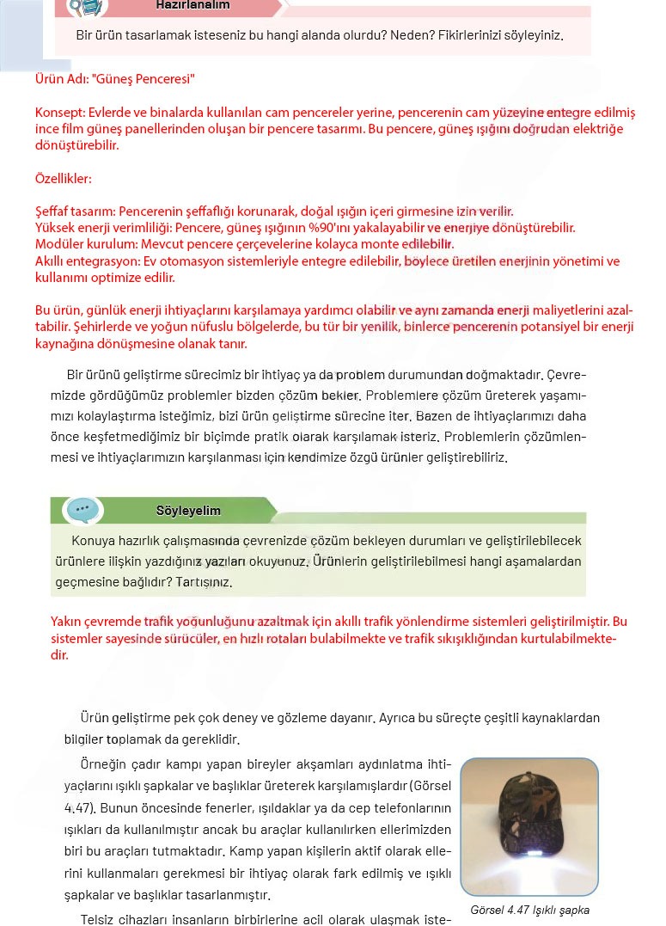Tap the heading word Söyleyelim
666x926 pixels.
pos(188,511)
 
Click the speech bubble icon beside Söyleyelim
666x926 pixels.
pos(82,510)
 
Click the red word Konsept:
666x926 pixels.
pos(60,113)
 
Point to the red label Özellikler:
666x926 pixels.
pos(63,179)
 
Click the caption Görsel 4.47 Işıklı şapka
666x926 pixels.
pos(529,910)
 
